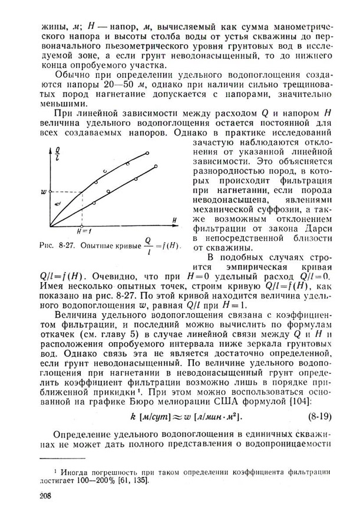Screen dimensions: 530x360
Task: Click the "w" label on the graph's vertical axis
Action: point(42,191)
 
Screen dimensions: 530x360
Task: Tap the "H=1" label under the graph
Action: point(87,231)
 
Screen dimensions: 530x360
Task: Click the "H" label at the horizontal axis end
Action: point(175,218)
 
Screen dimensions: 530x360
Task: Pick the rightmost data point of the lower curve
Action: point(156,167)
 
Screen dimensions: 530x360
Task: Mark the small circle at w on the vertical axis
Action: point(50,191)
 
